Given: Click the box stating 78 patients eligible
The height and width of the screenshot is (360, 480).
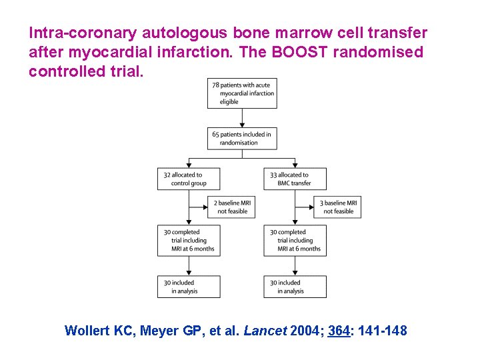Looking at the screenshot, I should click(x=243, y=93).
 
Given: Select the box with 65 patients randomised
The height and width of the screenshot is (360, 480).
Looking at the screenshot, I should click(x=243, y=139).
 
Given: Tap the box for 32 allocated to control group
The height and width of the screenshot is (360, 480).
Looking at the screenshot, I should click(x=189, y=179).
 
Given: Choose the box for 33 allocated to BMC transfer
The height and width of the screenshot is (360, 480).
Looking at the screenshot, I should click(x=295, y=179).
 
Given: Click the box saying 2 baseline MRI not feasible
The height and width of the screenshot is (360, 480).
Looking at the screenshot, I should click(x=231, y=207).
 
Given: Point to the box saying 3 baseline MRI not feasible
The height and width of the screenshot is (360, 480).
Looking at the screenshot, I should click(x=338, y=207).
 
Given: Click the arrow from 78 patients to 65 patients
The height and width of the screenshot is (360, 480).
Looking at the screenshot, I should click(x=243, y=117).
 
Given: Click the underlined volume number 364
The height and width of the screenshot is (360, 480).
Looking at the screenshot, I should click(x=339, y=330).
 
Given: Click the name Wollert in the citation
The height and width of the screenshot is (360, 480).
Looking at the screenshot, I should click(x=89, y=330).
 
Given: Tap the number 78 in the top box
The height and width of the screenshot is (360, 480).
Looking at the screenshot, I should click(x=217, y=85).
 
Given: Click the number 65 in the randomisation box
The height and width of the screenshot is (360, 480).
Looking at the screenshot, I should click(x=217, y=135).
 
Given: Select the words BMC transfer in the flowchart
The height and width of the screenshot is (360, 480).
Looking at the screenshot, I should click(x=294, y=183).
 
